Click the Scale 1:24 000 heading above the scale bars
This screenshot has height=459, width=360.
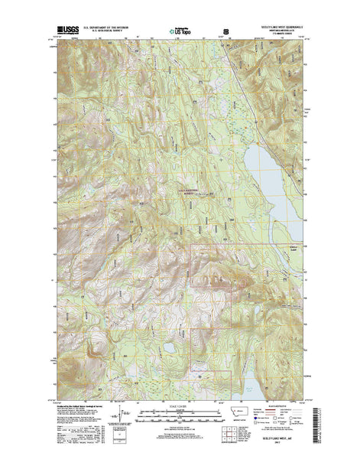click(x=181, y=405)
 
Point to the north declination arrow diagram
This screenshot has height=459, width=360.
click(x=114, y=417)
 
